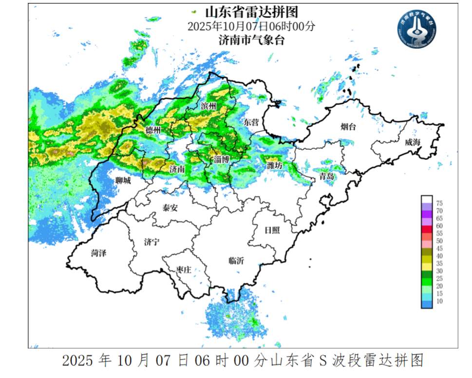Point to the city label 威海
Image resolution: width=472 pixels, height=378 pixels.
pos(413,142)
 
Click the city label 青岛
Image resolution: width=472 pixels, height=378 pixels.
pos(326,177)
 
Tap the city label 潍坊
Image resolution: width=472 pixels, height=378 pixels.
pos(275,166)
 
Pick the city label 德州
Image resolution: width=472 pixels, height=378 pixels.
pos(153,130)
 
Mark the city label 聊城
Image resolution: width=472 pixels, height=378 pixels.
pos(123,180)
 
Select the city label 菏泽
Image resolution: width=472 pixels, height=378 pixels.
pos(99,253)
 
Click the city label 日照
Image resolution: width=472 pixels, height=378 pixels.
pos(271,230)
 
